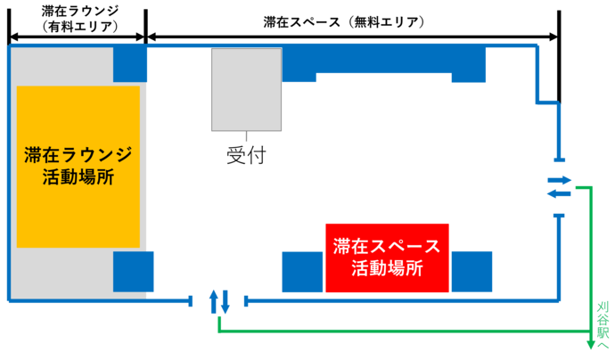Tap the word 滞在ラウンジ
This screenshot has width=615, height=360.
coord(78,154)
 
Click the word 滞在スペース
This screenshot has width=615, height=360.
coord(387,246)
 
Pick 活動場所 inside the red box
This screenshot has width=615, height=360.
coord(387,267)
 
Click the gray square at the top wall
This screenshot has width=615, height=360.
coord(246,89)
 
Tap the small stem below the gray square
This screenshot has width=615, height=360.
coord(246,137)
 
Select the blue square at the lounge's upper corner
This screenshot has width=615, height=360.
coord(130,63)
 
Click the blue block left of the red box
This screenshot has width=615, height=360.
coord(301,272)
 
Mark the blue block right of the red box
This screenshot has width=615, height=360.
coord(472,272)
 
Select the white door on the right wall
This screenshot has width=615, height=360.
coord(559,187)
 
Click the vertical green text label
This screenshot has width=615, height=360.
coord(603,321)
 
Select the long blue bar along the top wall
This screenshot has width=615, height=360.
coord(383,61)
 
